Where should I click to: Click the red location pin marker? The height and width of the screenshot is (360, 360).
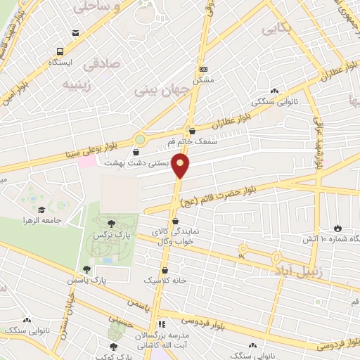(181, 165)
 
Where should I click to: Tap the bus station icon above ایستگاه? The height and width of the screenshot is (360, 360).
(60, 51)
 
